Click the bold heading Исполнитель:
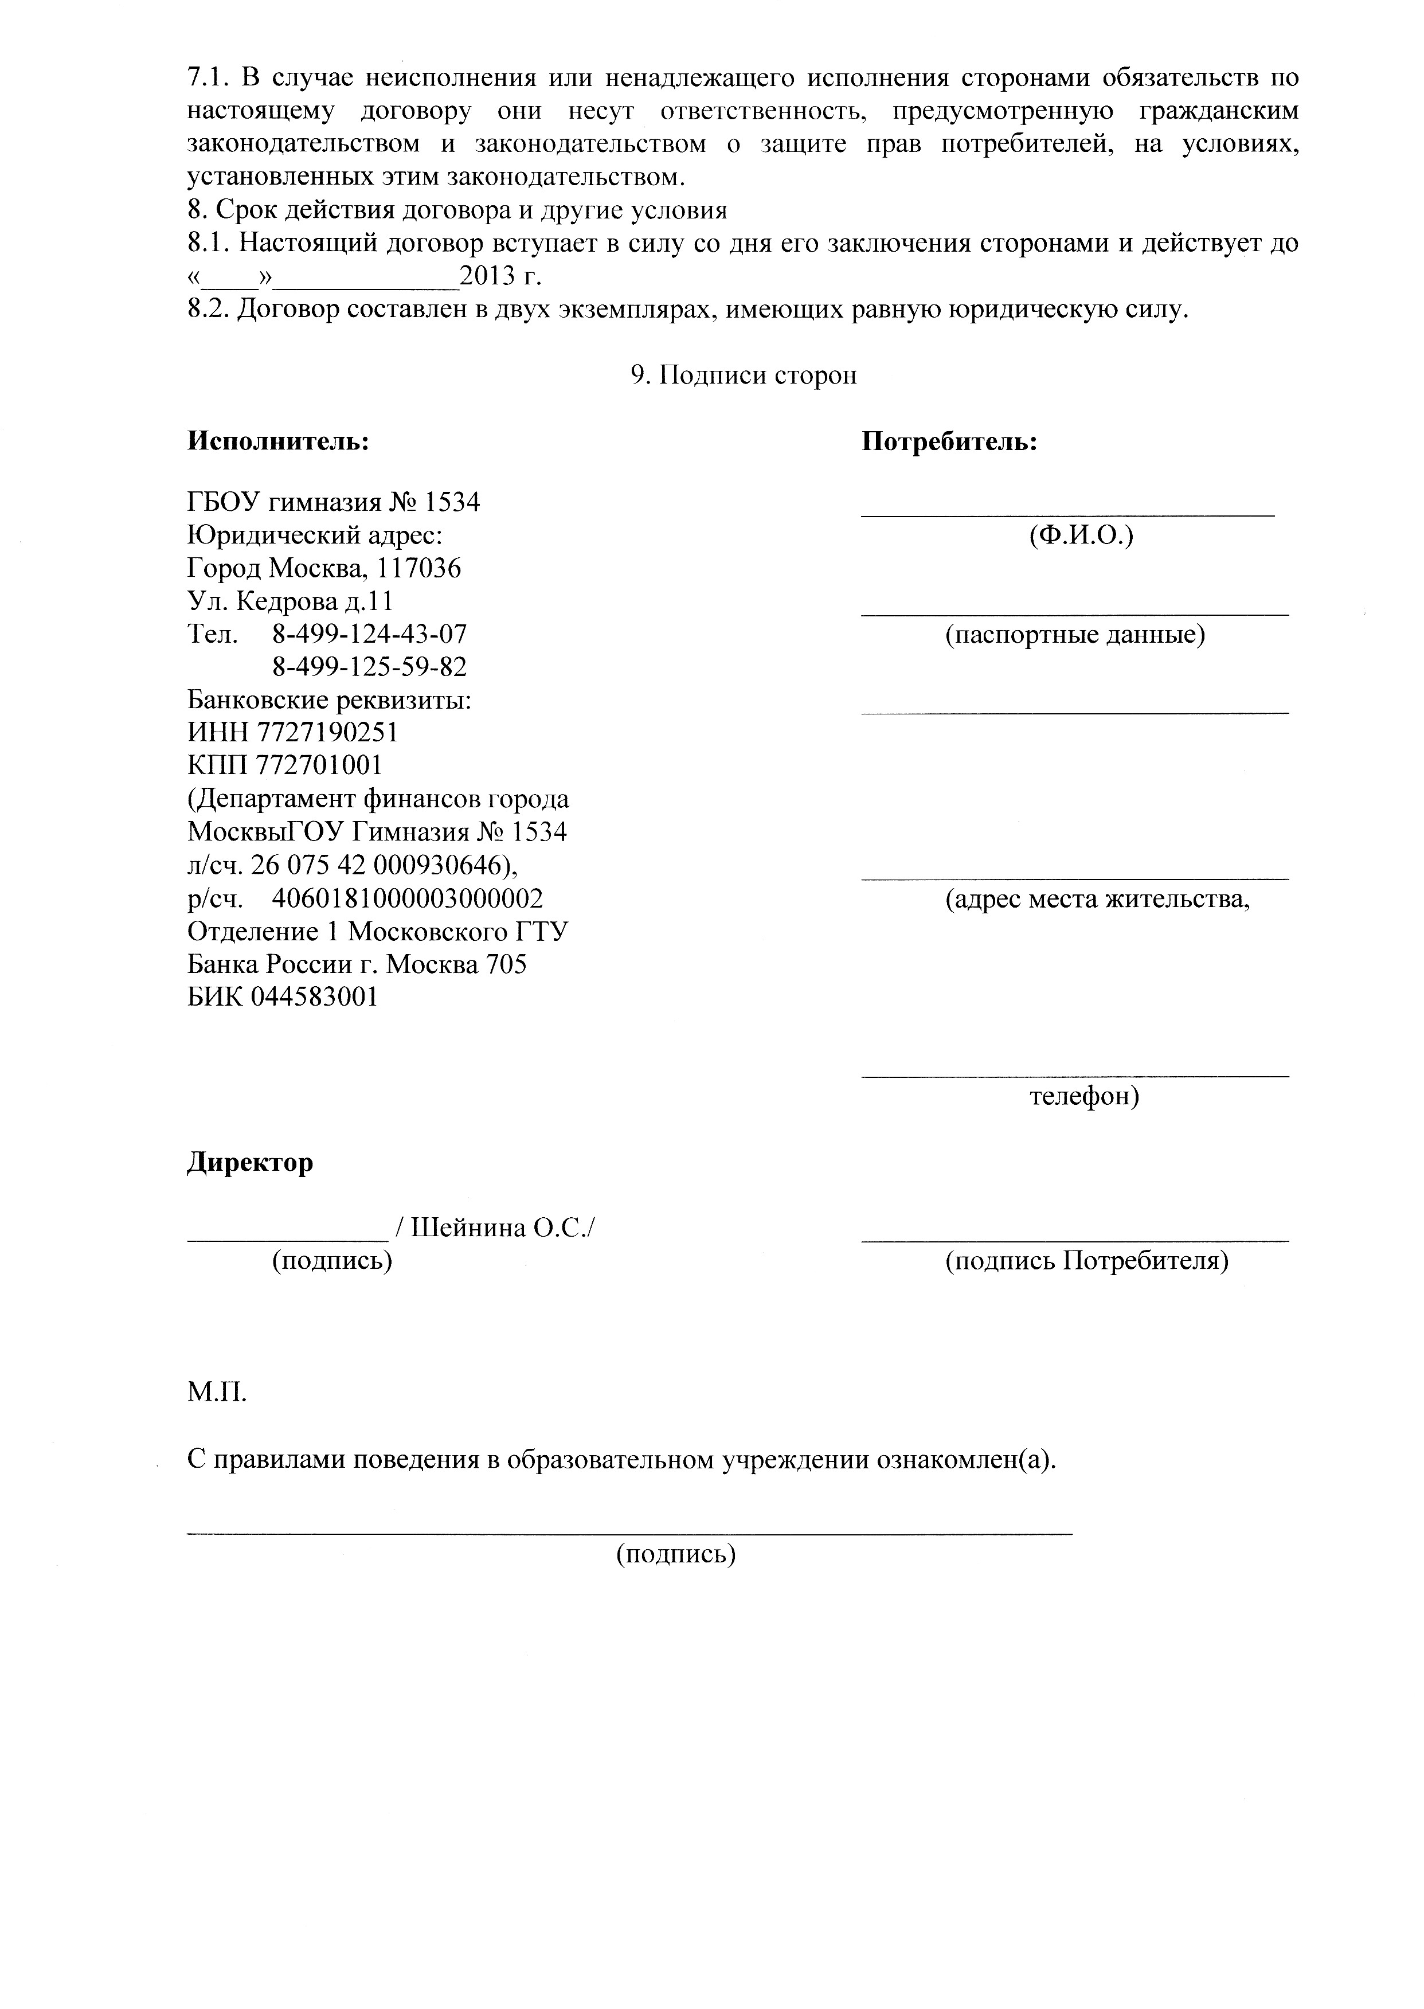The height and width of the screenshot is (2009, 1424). [x=278, y=441]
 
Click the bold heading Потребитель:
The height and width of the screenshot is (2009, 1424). [x=950, y=441]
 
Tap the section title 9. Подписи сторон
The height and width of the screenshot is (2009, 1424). [x=744, y=376]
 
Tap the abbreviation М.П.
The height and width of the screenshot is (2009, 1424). [x=217, y=1393]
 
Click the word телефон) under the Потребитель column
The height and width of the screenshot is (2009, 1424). [x=1084, y=1096]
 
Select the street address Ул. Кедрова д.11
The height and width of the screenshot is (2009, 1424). [x=290, y=601]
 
